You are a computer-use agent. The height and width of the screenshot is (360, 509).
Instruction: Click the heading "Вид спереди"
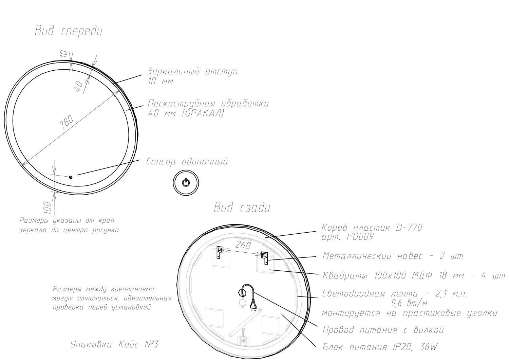click(x=69, y=31)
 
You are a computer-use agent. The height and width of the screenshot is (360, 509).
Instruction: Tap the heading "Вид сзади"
click(x=242, y=208)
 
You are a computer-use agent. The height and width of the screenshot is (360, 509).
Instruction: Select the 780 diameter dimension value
click(x=66, y=123)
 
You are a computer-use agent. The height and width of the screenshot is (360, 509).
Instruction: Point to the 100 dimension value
click(x=48, y=208)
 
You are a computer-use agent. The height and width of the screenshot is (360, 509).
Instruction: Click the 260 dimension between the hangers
click(x=243, y=246)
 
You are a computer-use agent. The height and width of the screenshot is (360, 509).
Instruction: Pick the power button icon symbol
click(x=186, y=183)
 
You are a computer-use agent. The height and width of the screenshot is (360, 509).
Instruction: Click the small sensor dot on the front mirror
click(x=71, y=177)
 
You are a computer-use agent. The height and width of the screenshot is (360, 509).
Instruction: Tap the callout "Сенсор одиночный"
click(x=187, y=162)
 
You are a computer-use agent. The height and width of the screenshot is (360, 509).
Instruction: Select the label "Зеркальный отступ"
click(x=193, y=72)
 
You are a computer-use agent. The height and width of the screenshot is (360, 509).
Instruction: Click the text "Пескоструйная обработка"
click(x=208, y=104)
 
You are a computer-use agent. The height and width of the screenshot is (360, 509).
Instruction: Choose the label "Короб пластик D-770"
click(x=372, y=228)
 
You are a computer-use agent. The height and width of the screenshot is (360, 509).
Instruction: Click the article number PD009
click(x=360, y=237)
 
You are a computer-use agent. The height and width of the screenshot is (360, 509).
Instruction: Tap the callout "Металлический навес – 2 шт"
click(x=393, y=256)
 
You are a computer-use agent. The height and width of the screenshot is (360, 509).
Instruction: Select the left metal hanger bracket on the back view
click(x=220, y=252)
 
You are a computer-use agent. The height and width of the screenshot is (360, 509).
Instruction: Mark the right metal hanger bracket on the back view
click(x=264, y=258)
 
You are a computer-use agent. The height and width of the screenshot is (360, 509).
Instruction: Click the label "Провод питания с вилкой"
click(x=383, y=330)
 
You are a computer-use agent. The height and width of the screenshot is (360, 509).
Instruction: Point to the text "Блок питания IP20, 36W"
click(x=380, y=347)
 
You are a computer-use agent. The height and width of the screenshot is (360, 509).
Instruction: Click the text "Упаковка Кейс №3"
click(x=114, y=344)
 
